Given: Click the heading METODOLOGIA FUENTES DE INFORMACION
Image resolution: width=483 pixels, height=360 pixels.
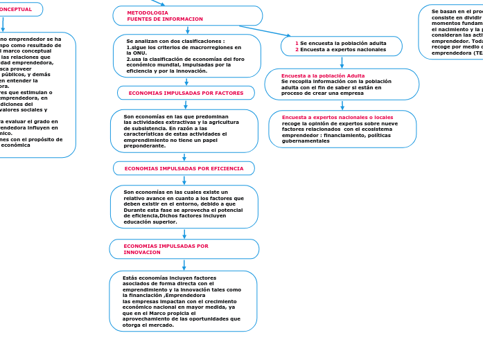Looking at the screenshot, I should pos(165,16).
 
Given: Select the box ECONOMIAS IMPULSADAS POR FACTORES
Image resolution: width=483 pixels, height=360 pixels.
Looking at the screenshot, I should pos(186,93).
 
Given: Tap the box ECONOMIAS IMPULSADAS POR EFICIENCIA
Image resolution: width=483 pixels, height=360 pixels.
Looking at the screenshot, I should pos(184,168).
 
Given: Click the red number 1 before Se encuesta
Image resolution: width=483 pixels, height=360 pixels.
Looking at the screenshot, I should pos(297,43).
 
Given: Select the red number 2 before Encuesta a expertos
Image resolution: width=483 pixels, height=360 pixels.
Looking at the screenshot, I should pos(297,50).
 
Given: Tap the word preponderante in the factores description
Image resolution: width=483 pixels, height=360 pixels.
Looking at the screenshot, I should pos(145,145).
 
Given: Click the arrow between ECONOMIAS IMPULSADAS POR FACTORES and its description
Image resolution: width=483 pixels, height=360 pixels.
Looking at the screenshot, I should pos(186,105).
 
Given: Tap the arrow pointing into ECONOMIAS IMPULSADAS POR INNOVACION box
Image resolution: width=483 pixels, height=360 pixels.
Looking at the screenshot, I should pos(184,233).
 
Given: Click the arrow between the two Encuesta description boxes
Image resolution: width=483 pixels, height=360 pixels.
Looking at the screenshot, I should pos(342,105).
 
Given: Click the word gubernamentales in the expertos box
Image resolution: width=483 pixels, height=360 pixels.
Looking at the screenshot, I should pos(306,141).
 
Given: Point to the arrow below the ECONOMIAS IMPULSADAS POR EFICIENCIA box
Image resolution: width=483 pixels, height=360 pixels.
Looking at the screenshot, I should pos(184,180).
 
